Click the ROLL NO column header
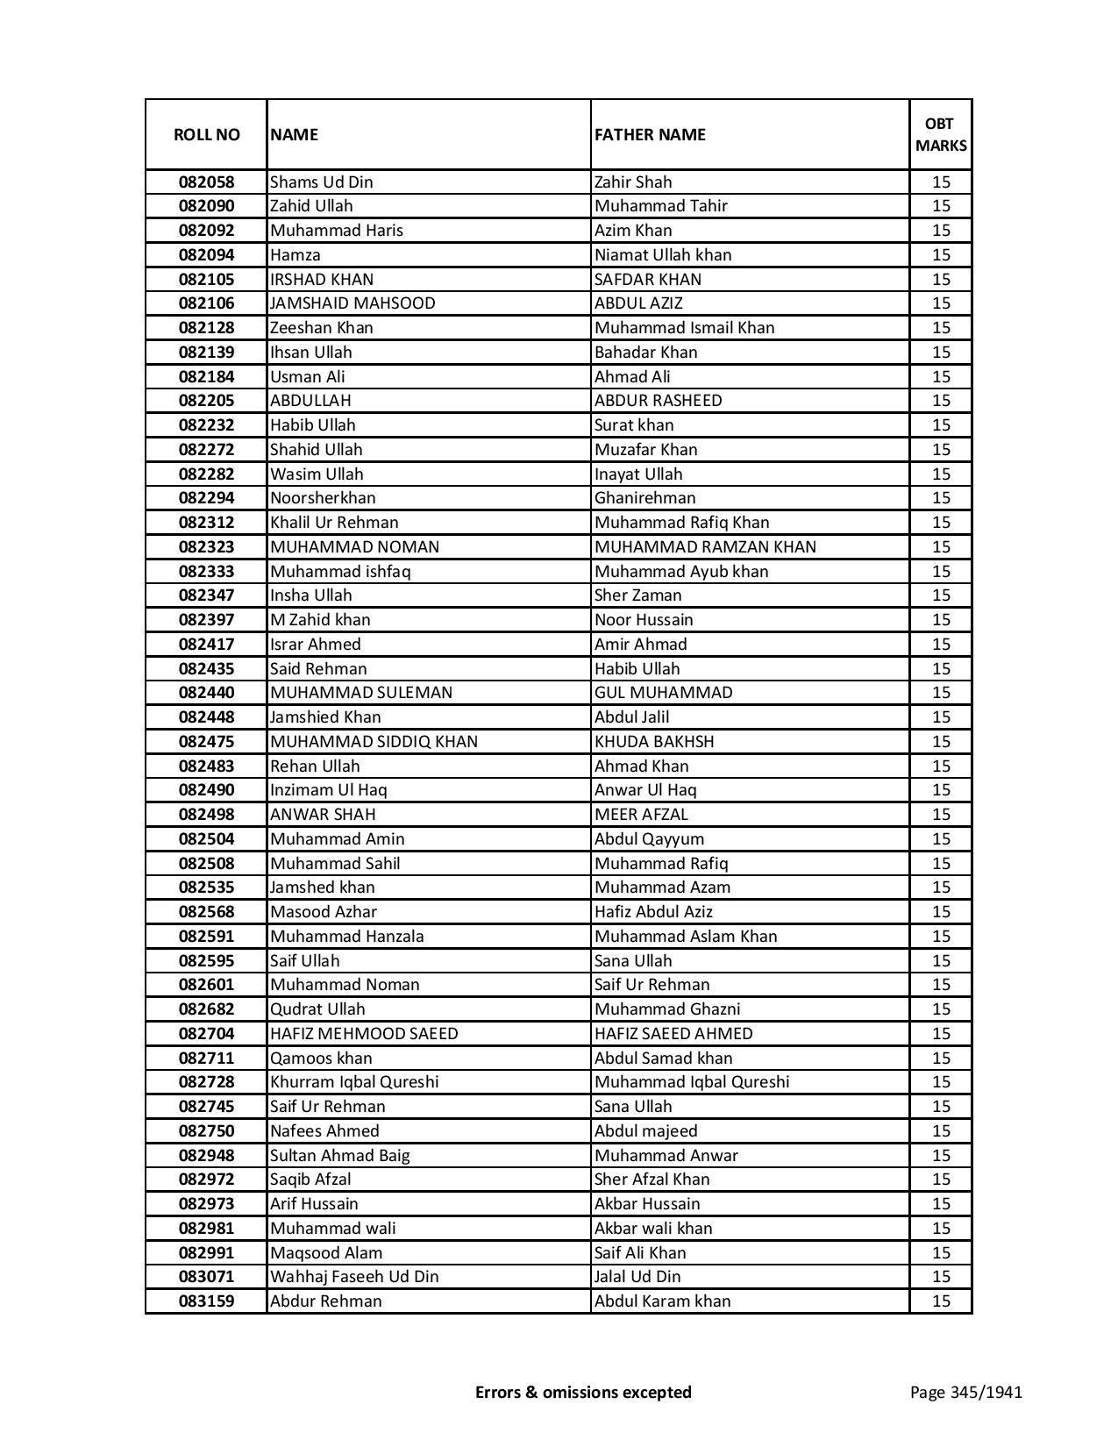click(x=206, y=134)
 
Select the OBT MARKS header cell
click(x=941, y=134)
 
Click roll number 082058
click(x=206, y=182)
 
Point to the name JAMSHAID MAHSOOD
click(x=352, y=303)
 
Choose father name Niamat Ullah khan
click(x=663, y=255)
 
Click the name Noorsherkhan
click(x=323, y=498)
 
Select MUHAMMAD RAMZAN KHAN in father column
click(x=705, y=547)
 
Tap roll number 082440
click(x=206, y=693)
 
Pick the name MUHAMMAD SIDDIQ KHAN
click(x=374, y=742)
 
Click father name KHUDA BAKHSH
click(x=654, y=742)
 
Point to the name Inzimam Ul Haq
click(x=329, y=790)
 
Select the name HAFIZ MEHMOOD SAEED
click(x=364, y=1034)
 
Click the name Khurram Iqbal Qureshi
click(x=354, y=1082)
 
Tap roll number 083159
click(x=206, y=1301)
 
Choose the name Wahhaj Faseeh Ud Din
click(x=354, y=1277)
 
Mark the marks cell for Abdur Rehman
click(x=941, y=1301)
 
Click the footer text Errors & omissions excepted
click(x=583, y=1392)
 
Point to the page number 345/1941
click(x=965, y=1392)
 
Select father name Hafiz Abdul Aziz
click(x=653, y=912)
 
